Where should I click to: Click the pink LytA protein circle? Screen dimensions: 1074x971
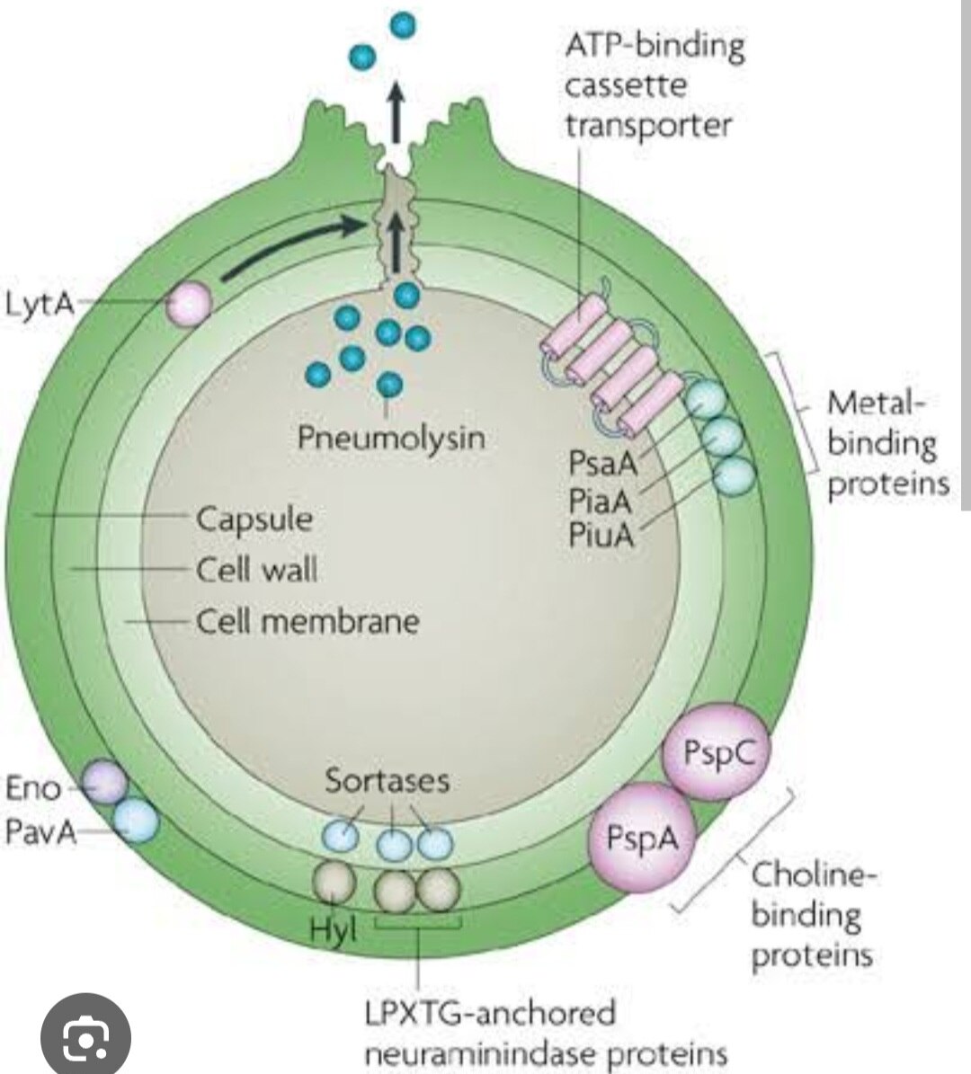pyautogui.click(x=190, y=302)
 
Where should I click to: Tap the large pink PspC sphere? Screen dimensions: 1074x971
pyautogui.click(x=717, y=752)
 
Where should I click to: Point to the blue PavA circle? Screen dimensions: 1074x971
pyautogui.click(x=136, y=821)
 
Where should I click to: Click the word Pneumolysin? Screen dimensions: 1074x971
pyautogui.click(x=390, y=438)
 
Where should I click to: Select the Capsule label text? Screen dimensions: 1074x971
pyautogui.click(x=254, y=519)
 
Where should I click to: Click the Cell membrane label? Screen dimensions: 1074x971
pyautogui.click(x=307, y=621)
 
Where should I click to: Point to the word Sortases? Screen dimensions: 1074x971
pyautogui.click(x=387, y=780)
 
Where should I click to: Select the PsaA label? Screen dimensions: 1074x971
pyautogui.click(x=601, y=464)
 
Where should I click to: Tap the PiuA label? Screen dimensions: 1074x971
pyautogui.click(x=601, y=535)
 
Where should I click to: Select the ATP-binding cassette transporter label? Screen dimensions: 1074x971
pyautogui.click(x=654, y=85)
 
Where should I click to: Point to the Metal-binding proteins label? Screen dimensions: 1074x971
pyautogui.click(x=886, y=443)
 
